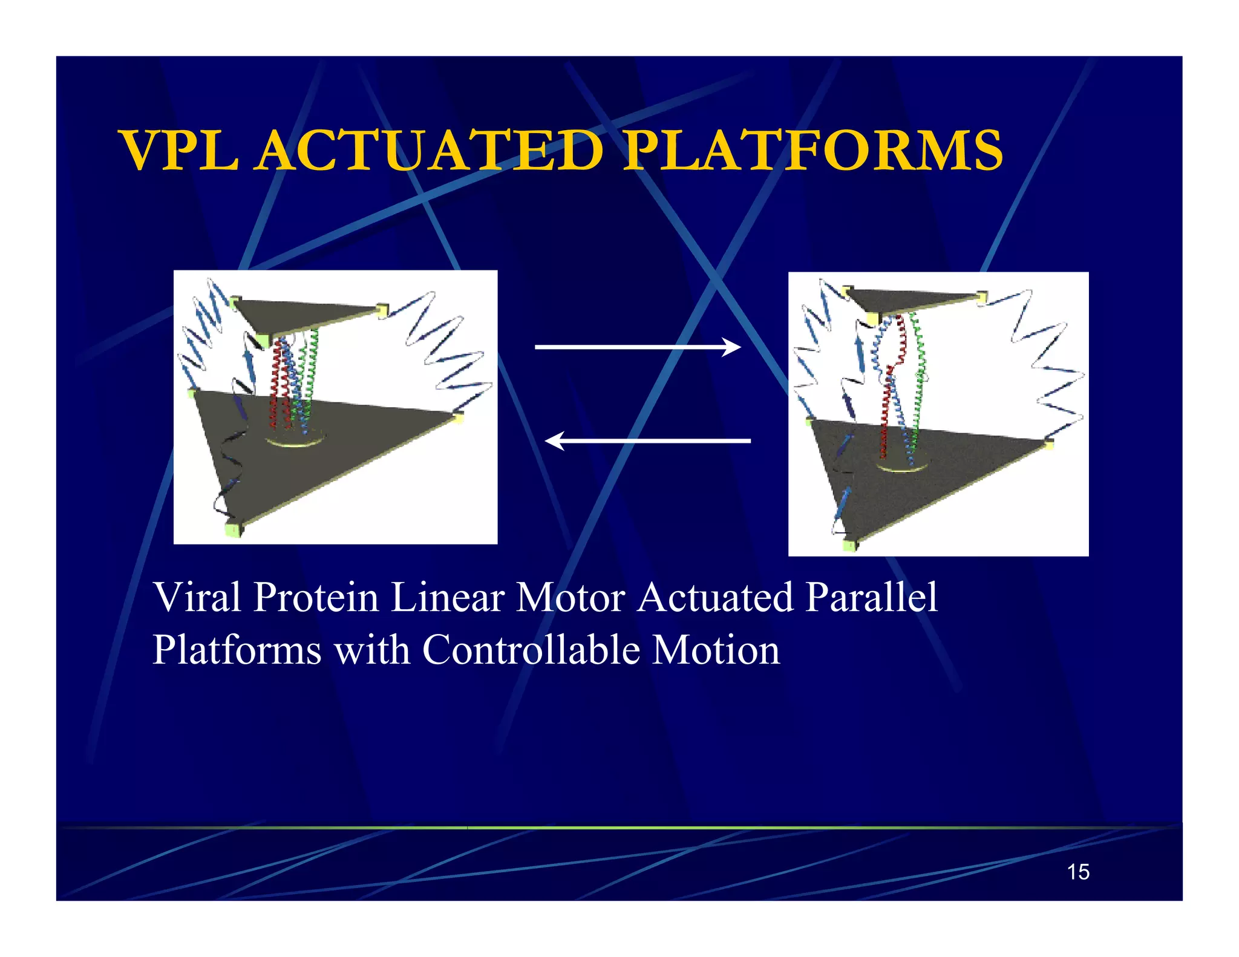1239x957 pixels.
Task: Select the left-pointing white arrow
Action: coord(647,441)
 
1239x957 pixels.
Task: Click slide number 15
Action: coord(1078,872)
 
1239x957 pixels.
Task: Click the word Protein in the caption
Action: coord(316,598)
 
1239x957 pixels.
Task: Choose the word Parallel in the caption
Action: coord(872,598)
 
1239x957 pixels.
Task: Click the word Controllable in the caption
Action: coord(531,650)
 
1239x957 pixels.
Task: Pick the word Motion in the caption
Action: coord(716,650)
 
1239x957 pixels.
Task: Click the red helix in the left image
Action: coord(278,381)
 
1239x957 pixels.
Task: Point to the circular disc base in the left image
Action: coord(296,439)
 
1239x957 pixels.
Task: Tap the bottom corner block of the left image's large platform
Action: coord(234,529)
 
